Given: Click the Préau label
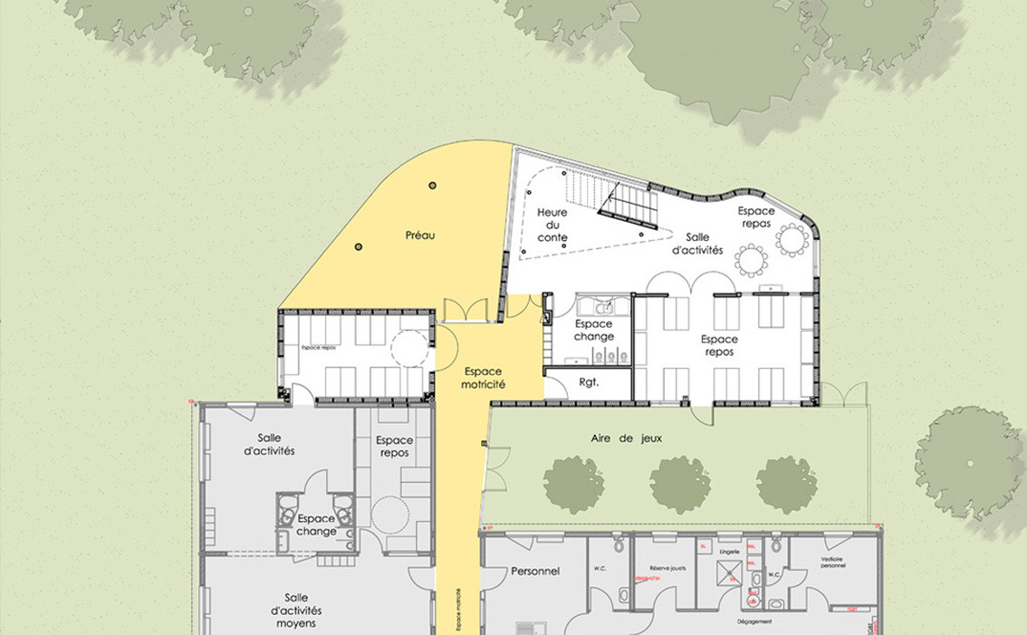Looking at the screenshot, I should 420,235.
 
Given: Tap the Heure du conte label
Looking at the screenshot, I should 552,226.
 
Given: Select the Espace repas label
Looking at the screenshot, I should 756,216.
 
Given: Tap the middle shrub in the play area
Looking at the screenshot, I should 680,485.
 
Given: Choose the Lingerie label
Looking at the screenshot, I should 730,551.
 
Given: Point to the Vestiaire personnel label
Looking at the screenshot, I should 832,563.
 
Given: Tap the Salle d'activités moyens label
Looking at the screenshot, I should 296,611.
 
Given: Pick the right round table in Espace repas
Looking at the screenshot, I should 793,240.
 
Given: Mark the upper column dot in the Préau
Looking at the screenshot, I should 432,185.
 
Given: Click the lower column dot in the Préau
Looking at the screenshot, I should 358,246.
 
